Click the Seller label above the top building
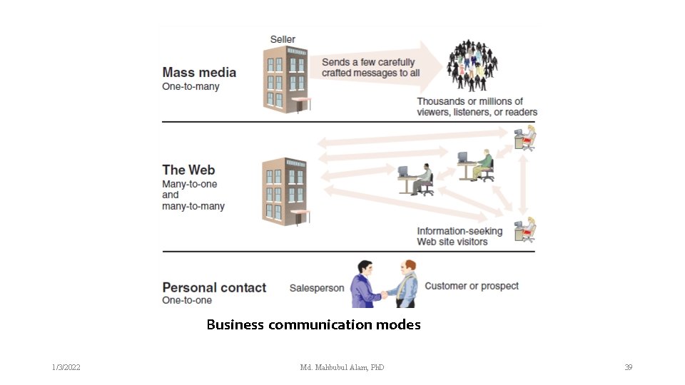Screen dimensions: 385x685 click(283, 39)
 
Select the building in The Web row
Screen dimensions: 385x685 click(286, 191)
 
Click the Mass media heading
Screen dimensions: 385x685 click(199, 72)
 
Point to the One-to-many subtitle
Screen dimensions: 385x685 click(191, 87)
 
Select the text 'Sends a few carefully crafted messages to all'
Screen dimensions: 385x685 click(370, 68)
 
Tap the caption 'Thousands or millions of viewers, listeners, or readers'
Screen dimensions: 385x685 click(477, 107)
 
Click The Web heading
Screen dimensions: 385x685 click(188, 170)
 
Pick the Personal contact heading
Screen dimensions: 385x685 click(214, 287)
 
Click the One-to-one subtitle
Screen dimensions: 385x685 click(187, 301)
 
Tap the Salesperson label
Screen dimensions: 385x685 click(316, 288)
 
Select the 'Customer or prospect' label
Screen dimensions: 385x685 click(472, 287)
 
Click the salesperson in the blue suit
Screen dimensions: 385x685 click(366, 284)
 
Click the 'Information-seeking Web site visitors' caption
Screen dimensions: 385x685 click(460, 236)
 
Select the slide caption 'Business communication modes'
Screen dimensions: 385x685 click(313, 325)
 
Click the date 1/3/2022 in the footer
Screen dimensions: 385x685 click(66, 367)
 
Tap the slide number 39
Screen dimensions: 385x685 click(628, 367)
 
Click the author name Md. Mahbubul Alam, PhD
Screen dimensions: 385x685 click(342, 367)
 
